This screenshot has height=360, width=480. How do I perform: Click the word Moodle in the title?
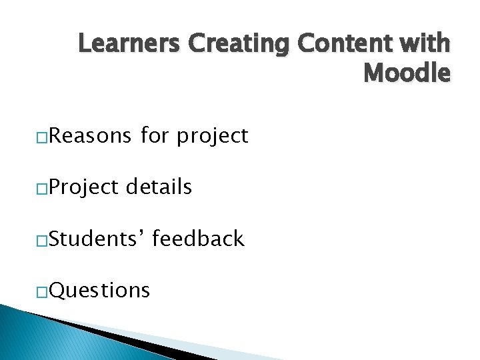407,73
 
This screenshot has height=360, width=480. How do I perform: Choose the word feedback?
198,239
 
